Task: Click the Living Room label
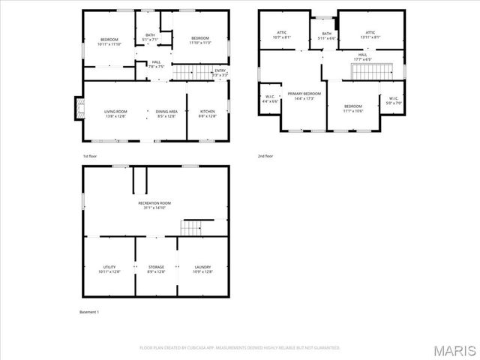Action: pyautogui.click(x=115, y=113)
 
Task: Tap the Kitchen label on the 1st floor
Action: pyautogui.click(x=206, y=113)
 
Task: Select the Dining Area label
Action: pyautogui.click(x=166, y=113)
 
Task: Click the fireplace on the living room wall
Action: pyautogui.click(x=77, y=109)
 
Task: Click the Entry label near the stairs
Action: pyautogui.click(x=220, y=71)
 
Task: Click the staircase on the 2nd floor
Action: pyautogui.click(x=373, y=71)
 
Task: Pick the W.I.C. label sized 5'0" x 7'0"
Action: pyautogui.click(x=393, y=100)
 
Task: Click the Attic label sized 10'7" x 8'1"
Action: pyautogui.click(x=282, y=34)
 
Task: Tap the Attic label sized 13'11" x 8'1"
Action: pyautogui.click(x=370, y=34)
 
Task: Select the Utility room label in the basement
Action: pyautogui.click(x=109, y=269)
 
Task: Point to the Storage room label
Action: pyautogui.click(x=156, y=269)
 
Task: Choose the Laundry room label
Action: pyautogui.click(x=202, y=269)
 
